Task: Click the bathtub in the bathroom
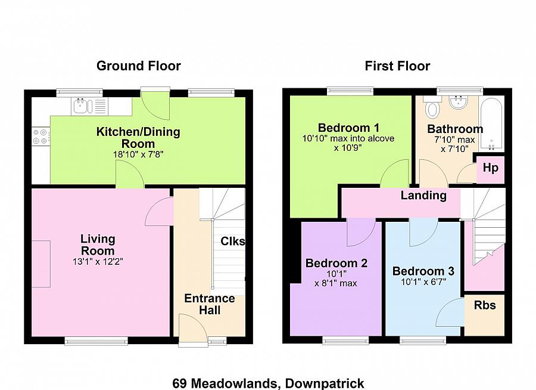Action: coord(491,123)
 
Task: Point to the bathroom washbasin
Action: coord(459,102)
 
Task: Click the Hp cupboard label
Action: coord(491,168)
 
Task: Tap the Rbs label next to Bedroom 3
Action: coord(485,305)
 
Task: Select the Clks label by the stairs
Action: coord(233,241)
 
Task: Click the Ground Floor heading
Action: coord(138,66)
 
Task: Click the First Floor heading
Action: coord(397,66)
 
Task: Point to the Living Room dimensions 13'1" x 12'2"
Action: coord(98,262)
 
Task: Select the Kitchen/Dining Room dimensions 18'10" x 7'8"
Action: coord(138,154)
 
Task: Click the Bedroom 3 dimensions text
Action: coord(423,282)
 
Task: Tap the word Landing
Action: coord(423,196)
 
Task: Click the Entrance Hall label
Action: coord(210,304)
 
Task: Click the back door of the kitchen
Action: coord(155,103)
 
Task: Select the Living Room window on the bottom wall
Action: coord(96,341)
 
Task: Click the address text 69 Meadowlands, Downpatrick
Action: coord(268,383)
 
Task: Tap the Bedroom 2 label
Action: coord(336,263)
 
